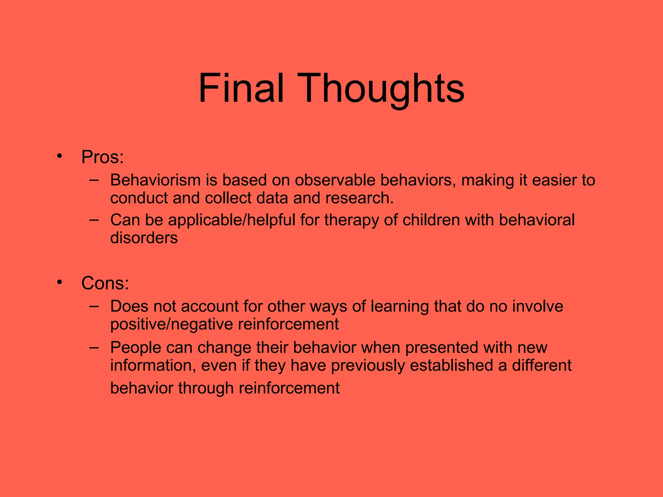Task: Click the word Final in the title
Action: pyautogui.click(x=241, y=88)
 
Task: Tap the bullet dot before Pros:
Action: pyautogui.click(x=59, y=156)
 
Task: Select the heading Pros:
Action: pyautogui.click(x=102, y=157)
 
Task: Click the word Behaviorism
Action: pyautogui.click(x=155, y=180)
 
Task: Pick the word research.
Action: pyautogui.click(x=359, y=198)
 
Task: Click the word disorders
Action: pyautogui.click(x=144, y=238)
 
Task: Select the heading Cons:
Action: pyautogui.click(x=105, y=283)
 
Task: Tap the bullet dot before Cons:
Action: pyautogui.click(x=59, y=282)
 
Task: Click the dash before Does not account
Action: pyautogui.click(x=94, y=306)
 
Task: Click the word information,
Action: pyautogui.click(x=153, y=365)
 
